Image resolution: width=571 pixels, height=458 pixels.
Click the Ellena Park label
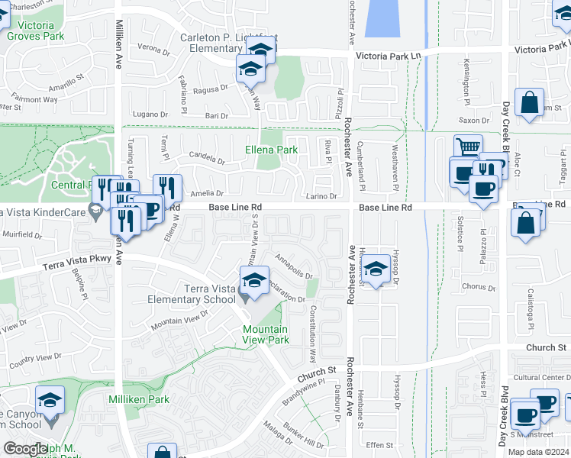coord(271,150)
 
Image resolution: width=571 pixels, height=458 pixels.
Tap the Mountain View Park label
coord(265,334)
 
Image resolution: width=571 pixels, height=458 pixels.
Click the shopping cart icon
coord(467,147)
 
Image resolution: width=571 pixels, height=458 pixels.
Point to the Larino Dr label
coord(321,196)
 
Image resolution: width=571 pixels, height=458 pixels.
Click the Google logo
coord(24,449)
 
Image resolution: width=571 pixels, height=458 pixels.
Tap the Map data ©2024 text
coord(538,452)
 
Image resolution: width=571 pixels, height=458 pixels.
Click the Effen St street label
coord(379,445)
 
